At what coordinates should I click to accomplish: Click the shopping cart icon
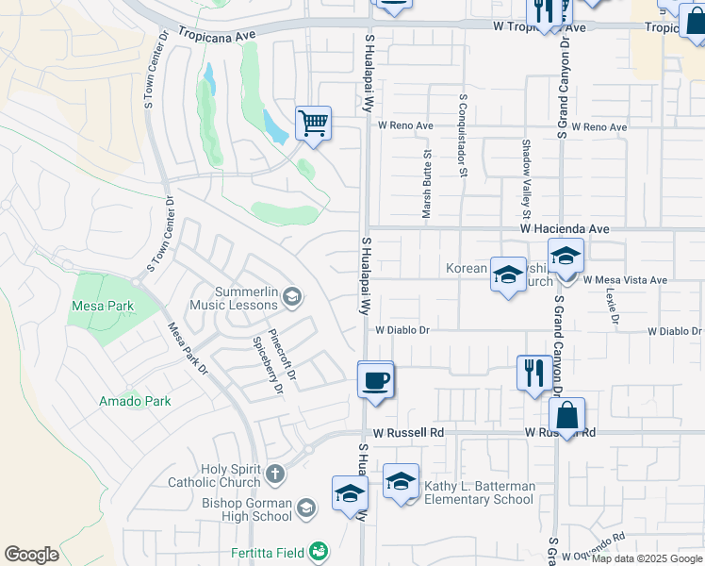tap(313, 123)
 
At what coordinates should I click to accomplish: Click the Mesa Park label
tap(103, 306)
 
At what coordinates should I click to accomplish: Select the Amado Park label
tap(135, 401)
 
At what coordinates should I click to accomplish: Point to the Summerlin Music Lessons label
tap(234, 298)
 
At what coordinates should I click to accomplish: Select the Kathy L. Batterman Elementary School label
tap(479, 492)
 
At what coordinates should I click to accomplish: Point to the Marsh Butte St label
tap(427, 185)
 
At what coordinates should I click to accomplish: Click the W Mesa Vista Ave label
tap(625, 280)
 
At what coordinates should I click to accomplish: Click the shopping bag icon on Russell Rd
tap(567, 415)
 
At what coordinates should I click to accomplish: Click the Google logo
tap(32, 555)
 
